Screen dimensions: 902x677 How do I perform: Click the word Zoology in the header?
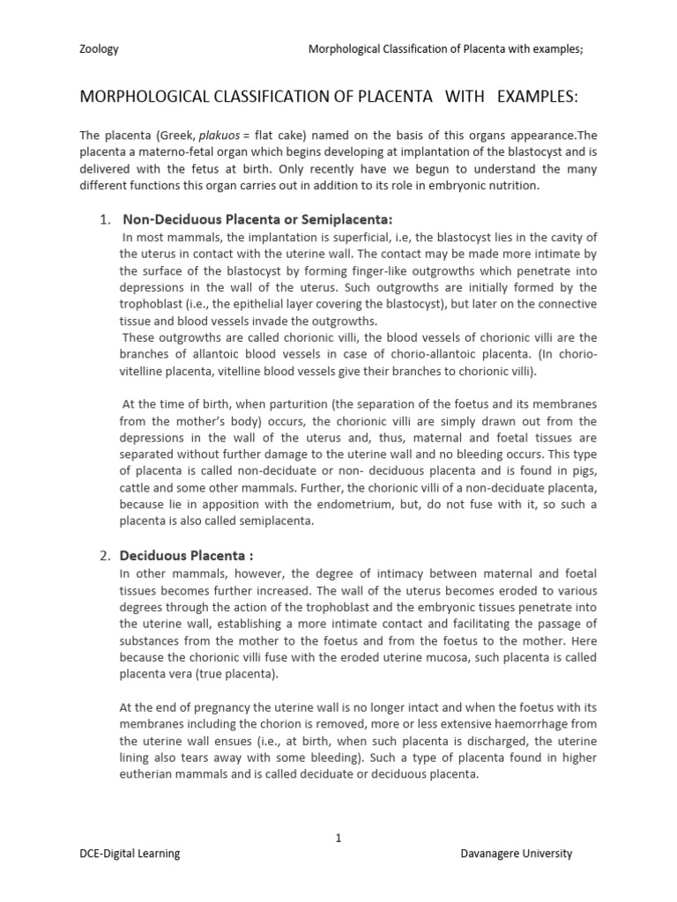tap(99, 49)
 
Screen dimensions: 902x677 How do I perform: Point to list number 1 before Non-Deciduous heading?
tap(103, 218)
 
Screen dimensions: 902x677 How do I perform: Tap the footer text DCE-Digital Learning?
tap(130, 853)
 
